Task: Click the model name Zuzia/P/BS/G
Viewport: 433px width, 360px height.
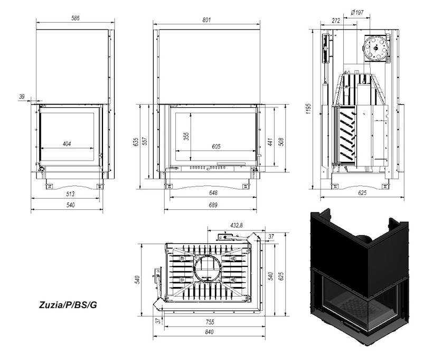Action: tap(68, 305)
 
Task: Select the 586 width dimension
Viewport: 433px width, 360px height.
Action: tap(76, 19)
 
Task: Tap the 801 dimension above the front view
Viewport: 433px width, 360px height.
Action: tap(206, 20)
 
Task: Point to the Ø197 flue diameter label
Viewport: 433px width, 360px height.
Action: tap(357, 13)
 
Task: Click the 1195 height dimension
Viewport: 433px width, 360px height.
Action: tap(309, 109)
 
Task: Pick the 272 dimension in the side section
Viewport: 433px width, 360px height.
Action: tap(336, 21)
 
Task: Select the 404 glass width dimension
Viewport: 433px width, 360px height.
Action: tap(67, 144)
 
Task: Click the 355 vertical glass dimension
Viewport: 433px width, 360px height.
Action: tap(187, 136)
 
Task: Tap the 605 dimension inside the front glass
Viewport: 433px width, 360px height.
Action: tap(216, 146)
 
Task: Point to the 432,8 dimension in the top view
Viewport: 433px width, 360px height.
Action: tap(237, 225)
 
